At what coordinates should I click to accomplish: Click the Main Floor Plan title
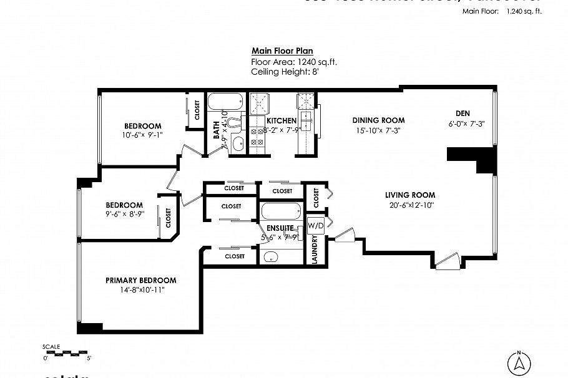[282, 51]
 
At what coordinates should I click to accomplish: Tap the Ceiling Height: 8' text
[285, 72]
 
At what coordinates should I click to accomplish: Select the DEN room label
[463, 114]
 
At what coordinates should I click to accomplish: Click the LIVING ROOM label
[409, 195]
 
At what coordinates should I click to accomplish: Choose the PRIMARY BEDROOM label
[140, 281]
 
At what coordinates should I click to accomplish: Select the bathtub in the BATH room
[225, 102]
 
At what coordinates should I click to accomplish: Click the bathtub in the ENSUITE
[281, 211]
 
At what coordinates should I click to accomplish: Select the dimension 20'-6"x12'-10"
[409, 205]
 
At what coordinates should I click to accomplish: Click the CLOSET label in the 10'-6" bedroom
[197, 110]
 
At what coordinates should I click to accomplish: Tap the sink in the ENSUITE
[272, 256]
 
